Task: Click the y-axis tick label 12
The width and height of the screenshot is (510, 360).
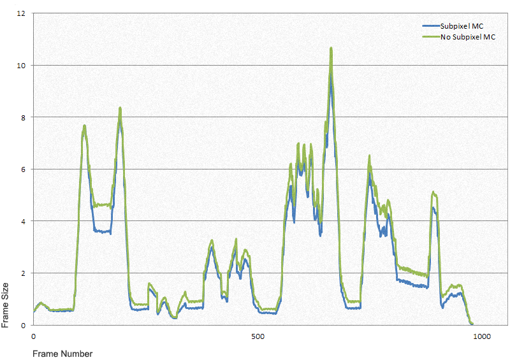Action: point(21,13)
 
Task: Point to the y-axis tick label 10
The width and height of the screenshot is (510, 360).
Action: point(21,66)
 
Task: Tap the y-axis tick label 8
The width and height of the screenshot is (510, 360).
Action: point(23,117)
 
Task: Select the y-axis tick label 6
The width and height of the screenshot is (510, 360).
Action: point(23,169)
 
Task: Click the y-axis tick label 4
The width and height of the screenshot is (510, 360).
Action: point(23,221)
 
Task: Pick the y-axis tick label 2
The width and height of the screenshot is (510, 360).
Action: point(23,273)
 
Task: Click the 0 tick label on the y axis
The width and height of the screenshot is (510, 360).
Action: point(23,325)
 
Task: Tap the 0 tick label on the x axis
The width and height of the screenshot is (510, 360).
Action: point(34,336)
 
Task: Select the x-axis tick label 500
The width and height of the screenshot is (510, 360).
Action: point(258,336)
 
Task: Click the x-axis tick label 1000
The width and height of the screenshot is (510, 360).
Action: point(482,336)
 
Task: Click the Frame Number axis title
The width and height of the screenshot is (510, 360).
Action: point(62,354)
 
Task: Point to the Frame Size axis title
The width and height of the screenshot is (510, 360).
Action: point(5,305)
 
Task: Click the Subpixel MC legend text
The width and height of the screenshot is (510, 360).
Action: point(462,26)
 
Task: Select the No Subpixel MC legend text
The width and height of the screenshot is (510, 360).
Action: point(468,37)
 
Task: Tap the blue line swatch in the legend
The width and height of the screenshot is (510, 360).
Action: point(432,26)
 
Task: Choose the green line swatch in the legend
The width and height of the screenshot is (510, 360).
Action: point(432,37)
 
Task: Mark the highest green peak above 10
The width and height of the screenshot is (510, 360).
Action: point(331,48)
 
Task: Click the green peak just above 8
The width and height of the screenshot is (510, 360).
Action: point(120,108)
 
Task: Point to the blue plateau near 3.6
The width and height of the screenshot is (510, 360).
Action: point(102,231)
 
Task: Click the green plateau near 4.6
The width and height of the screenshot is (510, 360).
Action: point(102,205)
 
